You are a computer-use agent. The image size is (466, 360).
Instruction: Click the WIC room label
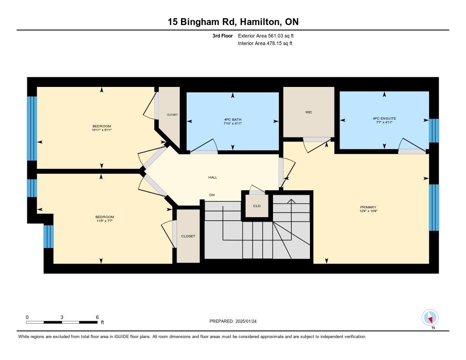pyautogui.click(x=309, y=112)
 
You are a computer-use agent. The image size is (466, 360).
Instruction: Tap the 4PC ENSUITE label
pyautogui.click(x=384, y=118)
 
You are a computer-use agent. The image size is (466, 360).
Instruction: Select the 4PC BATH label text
pyautogui.click(x=233, y=120)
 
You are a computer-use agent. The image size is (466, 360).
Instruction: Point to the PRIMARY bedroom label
pyautogui.click(x=368, y=207)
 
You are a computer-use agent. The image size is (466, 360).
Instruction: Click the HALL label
pyautogui.click(x=213, y=177)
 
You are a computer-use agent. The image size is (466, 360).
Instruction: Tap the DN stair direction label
pyautogui.click(x=212, y=195)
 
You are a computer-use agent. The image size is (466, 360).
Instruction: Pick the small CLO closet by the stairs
pyautogui.click(x=257, y=206)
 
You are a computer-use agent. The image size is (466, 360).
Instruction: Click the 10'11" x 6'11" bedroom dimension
pyautogui.click(x=102, y=130)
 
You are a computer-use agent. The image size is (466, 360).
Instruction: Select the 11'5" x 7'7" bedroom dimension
pyautogui.click(x=105, y=221)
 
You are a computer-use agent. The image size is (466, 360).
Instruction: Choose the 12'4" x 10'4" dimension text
pyautogui.click(x=368, y=211)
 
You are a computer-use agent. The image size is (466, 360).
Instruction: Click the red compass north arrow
pyautogui.click(x=430, y=319)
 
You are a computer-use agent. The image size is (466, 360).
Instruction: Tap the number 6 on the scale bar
pyautogui.click(x=97, y=317)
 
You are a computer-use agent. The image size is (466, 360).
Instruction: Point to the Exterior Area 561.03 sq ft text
pyautogui.click(x=266, y=35)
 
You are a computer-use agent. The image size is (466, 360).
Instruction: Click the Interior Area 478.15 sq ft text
pyautogui.click(x=265, y=43)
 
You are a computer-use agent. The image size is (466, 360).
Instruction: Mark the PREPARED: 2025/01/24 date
pyautogui.click(x=233, y=321)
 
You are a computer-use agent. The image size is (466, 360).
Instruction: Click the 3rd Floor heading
pyautogui.click(x=223, y=35)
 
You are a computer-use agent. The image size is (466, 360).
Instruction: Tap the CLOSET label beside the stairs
pyautogui.click(x=188, y=236)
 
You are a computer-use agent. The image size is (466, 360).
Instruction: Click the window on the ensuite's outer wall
pyautogui.click(x=434, y=131)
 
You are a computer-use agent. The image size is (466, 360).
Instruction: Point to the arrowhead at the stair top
pyautogui.click(x=292, y=201)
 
